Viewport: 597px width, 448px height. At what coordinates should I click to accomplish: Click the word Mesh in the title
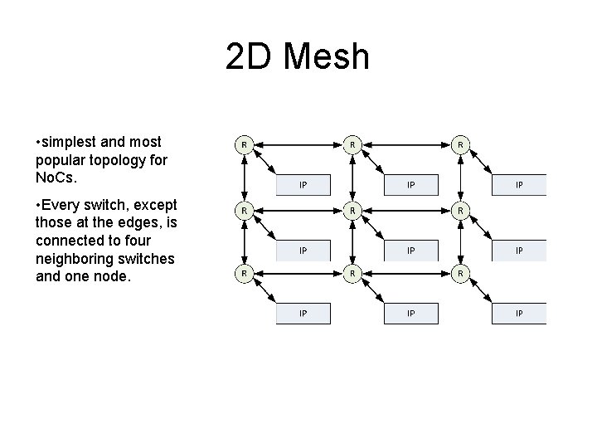click(328, 57)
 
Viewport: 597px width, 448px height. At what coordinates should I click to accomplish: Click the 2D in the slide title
click(252, 57)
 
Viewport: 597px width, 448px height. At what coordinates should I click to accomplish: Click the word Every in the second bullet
click(70, 205)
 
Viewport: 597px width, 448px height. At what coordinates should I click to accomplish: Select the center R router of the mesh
click(352, 210)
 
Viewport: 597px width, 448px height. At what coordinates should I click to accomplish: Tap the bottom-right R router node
click(461, 272)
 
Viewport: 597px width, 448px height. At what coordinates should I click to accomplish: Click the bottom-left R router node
click(244, 272)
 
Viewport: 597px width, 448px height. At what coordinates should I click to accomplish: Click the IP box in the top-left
click(303, 184)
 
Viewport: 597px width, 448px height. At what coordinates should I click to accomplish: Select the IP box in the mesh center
click(411, 249)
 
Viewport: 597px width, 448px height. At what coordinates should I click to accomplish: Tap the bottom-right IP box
click(519, 313)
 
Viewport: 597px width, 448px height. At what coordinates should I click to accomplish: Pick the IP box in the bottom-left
click(303, 313)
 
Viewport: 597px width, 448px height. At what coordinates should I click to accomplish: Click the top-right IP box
click(519, 184)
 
